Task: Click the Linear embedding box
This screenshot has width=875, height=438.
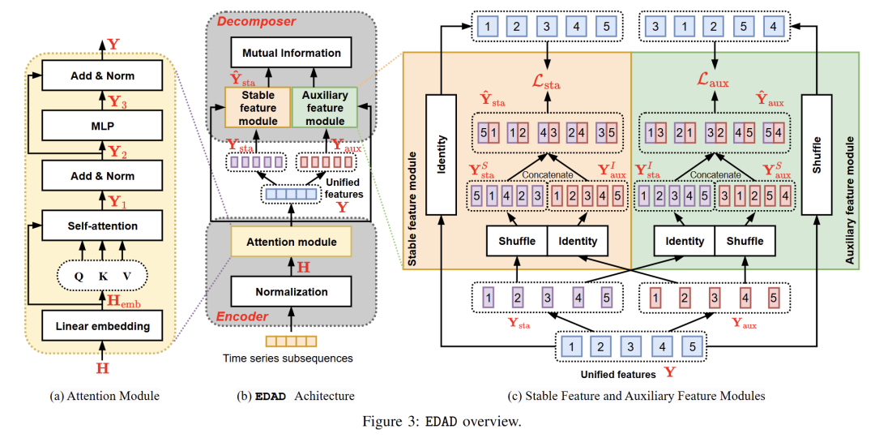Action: click(102, 327)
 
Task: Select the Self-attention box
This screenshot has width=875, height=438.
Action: click(102, 225)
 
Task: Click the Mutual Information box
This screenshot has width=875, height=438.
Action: click(291, 53)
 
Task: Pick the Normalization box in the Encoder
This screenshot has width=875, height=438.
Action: click(291, 291)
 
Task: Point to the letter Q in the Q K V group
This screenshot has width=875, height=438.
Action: click(78, 276)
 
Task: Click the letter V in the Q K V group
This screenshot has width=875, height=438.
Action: click(126, 276)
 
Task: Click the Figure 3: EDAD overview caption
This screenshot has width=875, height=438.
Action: click(437, 421)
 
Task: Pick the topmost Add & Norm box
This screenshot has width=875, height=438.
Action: click(102, 76)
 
